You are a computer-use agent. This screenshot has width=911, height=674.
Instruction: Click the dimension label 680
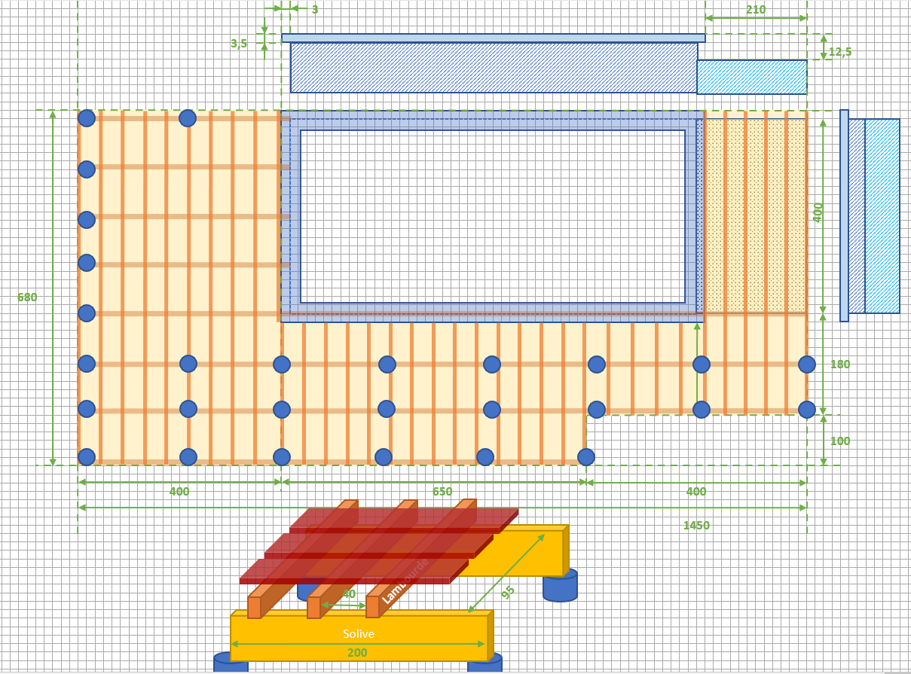click(27, 297)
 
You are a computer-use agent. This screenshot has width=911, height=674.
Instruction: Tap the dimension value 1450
click(696, 526)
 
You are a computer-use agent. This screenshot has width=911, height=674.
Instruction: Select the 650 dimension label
click(442, 492)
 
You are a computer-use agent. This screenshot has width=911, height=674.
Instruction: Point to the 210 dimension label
click(756, 10)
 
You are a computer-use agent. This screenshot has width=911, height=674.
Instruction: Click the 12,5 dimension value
click(840, 52)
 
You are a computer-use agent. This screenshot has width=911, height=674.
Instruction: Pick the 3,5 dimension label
click(239, 44)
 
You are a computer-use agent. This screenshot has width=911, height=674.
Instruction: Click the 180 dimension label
click(839, 364)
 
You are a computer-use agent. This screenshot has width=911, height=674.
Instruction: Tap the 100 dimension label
click(839, 441)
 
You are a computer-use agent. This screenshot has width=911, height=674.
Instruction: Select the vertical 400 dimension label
click(818, 212)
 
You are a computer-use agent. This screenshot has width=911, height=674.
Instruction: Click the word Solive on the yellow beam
click(358, 634)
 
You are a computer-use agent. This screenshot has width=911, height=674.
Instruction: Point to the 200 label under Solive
click(357, 653)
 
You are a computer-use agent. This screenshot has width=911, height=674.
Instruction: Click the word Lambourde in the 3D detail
click(405, 581)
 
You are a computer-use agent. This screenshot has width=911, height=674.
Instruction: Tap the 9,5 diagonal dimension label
click(508, 592)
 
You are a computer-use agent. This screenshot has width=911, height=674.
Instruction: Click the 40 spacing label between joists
click(348, 594)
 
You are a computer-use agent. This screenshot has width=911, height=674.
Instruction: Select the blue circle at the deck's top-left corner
click(87, 118)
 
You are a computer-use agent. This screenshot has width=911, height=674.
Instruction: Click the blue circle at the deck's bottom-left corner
click(87, 457)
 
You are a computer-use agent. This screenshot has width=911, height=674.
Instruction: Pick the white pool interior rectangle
click(492, 216)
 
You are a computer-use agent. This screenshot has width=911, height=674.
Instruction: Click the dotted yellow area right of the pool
click(755, 215)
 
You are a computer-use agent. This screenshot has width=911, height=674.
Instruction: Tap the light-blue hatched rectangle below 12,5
click(751, 77)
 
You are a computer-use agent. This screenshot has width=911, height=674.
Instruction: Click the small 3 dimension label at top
click(314, 10)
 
